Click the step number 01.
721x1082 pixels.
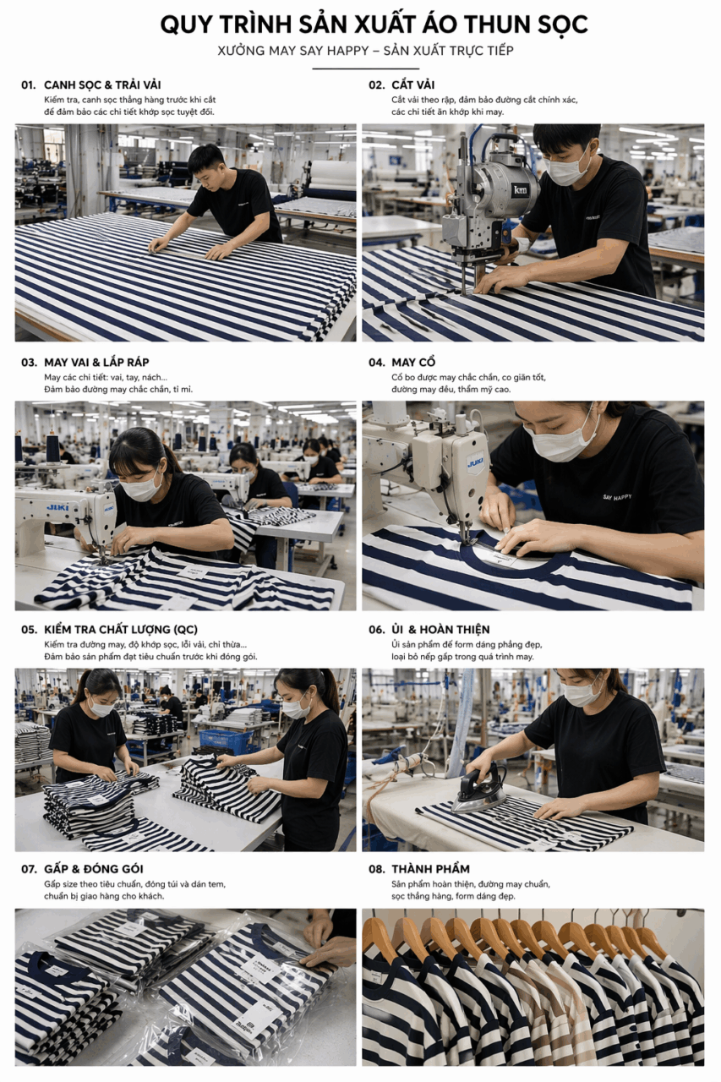[29, 85]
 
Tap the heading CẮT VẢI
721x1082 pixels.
[412, 85]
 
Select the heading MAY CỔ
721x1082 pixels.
[413, 363]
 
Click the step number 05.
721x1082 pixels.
[29, 630]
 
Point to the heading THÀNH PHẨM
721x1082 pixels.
[431, 870]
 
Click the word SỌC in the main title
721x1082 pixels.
[563, 25]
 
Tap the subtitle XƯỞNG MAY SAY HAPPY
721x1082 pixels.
[292, 51]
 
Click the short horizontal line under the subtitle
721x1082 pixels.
[365, 69]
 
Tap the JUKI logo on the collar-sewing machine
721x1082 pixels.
[472, 463]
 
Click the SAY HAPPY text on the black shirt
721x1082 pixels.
[617, 496]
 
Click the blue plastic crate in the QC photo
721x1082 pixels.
[226, 741]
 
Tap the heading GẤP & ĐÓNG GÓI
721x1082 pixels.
[94, 870]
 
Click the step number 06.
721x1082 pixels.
[377, 630]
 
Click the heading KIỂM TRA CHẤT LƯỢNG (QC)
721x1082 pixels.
[121, 630]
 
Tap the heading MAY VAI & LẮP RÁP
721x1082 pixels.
[96, 363]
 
